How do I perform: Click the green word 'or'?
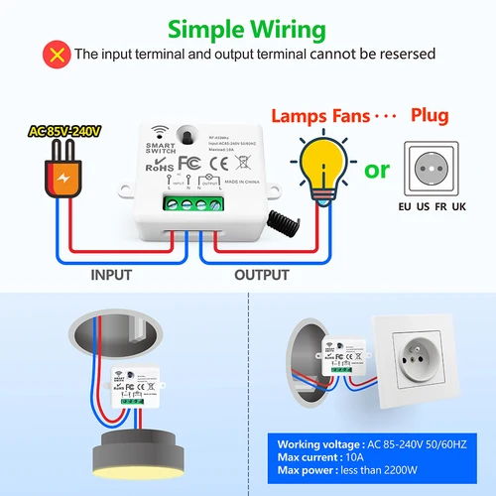click(378, 171)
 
